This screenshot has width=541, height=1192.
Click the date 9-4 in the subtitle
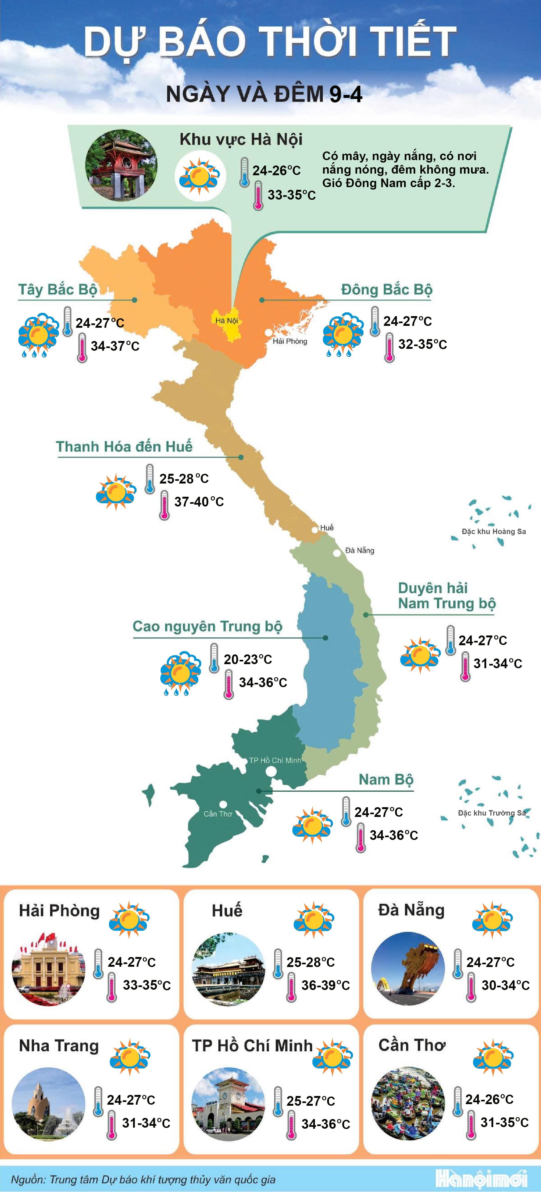point(345,94)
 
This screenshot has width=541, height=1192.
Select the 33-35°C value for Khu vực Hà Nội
point(291,195)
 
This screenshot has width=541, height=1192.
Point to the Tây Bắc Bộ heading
point(57,290)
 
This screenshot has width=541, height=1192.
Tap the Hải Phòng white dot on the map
point(268,332)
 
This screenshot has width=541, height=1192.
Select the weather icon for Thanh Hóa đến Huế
point(116,491)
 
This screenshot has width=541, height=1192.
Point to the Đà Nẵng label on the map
point(359,550)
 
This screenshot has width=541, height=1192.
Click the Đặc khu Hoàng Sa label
point(493,531)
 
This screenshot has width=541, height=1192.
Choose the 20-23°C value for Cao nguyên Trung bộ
point(248,659)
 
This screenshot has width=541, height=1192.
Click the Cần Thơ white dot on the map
point(223,805)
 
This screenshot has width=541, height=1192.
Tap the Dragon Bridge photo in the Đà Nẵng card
point(408,969)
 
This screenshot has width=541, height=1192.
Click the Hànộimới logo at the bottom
point(481,1178)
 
